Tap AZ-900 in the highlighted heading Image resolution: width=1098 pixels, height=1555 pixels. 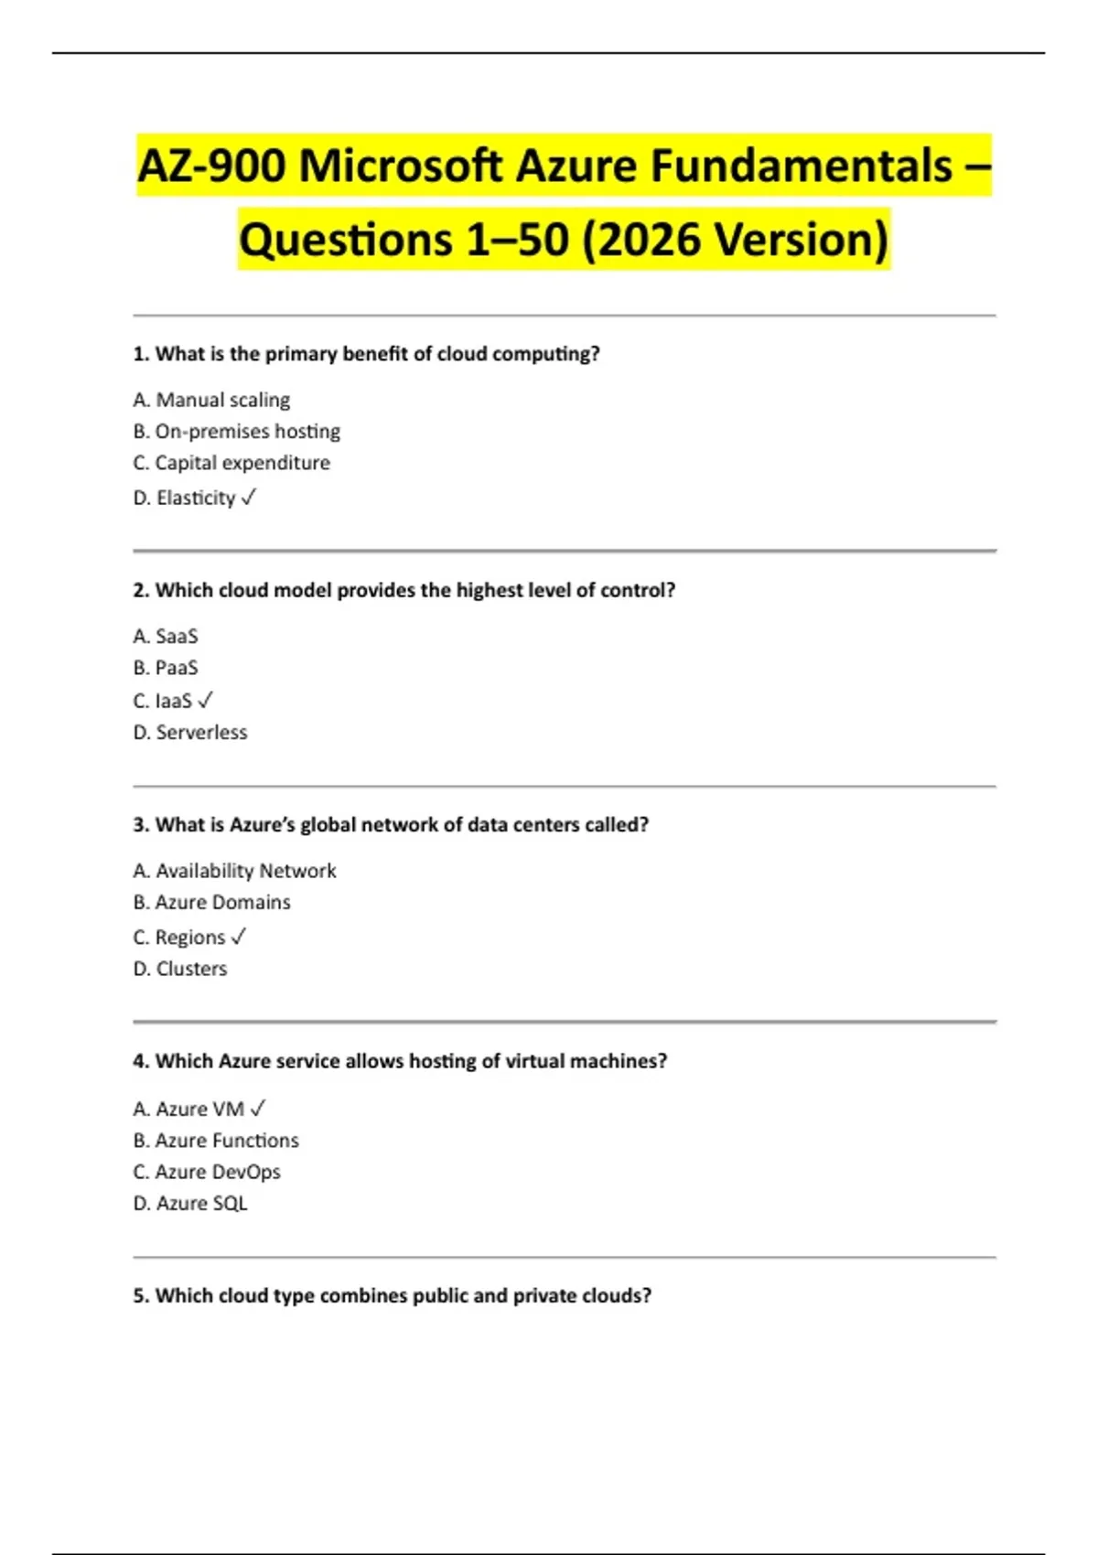211,166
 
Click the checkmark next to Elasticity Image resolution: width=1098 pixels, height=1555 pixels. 249,497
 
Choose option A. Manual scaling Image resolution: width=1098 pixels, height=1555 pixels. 211,400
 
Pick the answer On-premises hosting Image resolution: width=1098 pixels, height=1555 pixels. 237,431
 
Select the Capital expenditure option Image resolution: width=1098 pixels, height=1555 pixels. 231,463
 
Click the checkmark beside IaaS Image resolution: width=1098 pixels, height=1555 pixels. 206,700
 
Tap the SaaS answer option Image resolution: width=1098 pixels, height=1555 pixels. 166,636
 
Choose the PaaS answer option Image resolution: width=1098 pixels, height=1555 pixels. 166,668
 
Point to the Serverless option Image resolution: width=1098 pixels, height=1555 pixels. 190,732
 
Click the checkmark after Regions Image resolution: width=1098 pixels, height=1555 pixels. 239,937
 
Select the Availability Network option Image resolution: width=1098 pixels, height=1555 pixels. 235,871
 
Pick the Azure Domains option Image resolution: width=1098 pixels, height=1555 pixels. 212,902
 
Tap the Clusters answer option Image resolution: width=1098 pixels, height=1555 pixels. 180,969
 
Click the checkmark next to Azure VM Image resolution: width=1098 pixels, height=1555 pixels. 258,1108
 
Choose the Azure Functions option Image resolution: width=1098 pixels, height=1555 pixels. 216,1141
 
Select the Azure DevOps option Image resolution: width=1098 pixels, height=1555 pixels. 207,1172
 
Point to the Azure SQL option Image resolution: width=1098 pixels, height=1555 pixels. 190,1204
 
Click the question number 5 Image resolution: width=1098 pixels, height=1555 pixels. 140,1295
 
